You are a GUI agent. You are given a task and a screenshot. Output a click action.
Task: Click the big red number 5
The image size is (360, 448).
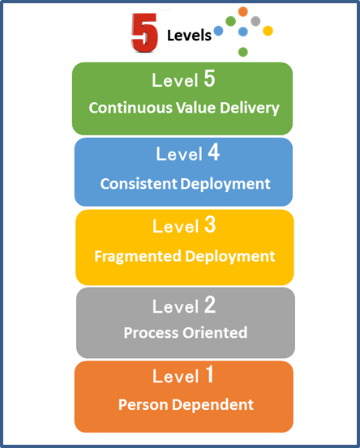[x=144, y=33]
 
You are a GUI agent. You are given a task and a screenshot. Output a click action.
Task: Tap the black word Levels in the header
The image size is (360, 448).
[x=189, y=36]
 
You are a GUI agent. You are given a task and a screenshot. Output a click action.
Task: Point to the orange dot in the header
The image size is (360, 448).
[x=242, y=11]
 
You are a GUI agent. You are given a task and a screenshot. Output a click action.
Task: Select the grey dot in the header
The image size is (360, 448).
[x=255, y=21]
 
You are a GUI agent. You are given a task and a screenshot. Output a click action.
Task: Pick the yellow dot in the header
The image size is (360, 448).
[x=268, y=31]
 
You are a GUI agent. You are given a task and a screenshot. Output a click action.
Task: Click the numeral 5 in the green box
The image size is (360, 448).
[x=209, y=79]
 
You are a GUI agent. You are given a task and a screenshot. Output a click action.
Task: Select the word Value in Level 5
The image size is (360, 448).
[x=195, y=108]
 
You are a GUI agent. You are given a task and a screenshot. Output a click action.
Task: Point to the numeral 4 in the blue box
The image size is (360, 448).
[x=213, y=152]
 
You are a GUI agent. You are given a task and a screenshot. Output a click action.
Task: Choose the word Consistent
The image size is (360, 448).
[x=139, y=183]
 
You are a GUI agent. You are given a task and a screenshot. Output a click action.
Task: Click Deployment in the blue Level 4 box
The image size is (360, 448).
[x=225, y=184]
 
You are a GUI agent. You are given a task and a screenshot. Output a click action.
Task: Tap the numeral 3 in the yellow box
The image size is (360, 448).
[x=210, y=225]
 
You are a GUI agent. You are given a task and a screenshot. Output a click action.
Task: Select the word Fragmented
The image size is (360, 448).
[x=138, y=256]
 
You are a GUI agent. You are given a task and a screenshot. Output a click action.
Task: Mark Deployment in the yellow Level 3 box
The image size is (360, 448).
[x=230, y=257]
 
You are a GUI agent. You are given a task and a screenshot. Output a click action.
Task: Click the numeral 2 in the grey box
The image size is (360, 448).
[x=210, y=305]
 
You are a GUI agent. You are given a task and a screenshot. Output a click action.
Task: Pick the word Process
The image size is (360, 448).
[x=151, y=333]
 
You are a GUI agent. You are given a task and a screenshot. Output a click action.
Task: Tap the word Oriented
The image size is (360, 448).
[x=215, y=333]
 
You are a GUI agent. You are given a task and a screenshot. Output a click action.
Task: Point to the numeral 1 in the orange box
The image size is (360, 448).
[x=210, y=374]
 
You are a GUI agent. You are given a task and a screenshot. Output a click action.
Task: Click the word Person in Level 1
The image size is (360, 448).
[x=143, y=404]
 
